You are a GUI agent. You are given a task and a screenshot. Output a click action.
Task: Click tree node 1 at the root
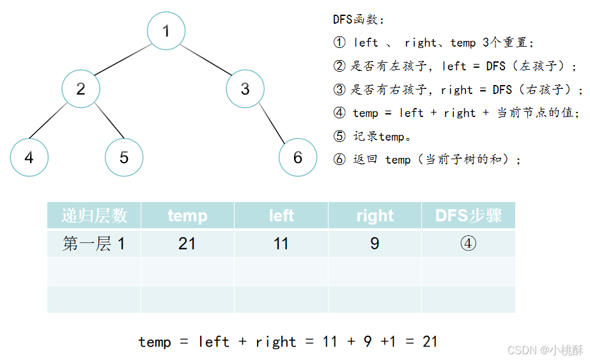click(x=166, y=31)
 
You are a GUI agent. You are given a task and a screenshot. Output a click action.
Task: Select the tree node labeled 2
click(x=81, y=88)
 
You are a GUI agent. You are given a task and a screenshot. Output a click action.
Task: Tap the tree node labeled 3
click(x=245, y=88)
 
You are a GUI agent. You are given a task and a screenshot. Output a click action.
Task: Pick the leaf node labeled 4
click(x=29, y=157)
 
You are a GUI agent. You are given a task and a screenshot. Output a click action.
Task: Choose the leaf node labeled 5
click(x=124, y=157)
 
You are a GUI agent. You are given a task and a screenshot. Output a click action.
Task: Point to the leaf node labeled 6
click(x=298, y=157)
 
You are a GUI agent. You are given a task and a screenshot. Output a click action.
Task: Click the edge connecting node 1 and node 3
click(x=205, y=59)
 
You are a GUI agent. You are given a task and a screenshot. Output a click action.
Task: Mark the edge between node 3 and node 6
click(x=272, y=123)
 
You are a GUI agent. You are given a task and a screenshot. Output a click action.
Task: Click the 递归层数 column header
click(x=94, y=215)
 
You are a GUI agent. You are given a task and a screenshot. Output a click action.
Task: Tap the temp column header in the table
click(x=187, y=215)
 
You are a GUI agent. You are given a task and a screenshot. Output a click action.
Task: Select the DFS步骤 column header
click(x=469, y=215)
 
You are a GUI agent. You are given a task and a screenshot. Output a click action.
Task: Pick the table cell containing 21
click(x=187, y=244)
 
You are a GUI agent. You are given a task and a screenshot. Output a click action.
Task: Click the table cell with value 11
click(x=281, y=244)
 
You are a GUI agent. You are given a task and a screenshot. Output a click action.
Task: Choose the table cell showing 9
click(x=375, y=244)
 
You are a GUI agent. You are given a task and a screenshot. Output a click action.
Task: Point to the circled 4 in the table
click(x=469, y=244)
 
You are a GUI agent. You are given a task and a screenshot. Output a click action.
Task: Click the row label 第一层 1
click(x=94, y=244)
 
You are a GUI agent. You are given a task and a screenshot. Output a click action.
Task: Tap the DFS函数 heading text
click(x=359, y=20)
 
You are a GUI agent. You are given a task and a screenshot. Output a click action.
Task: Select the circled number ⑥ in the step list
click(x=339, y=159)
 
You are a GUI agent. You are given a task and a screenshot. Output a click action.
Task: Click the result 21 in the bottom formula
click(x=430, y=341)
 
